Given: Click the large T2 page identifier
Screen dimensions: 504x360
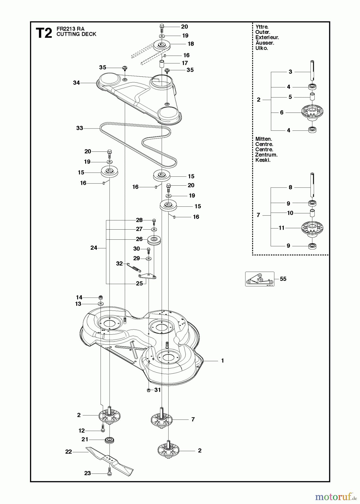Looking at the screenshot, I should coord(44,33).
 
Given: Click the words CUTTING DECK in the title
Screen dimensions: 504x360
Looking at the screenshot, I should coord(76,34).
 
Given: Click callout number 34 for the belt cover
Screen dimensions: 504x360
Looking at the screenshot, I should coord(76,83).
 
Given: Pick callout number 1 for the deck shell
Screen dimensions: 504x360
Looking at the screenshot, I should coord(222,361).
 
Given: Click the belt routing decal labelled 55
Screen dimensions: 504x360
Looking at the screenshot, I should coord(259,279).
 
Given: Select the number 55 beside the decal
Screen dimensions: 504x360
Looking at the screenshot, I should coord(283,279).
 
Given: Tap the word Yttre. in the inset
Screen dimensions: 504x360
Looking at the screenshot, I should coord(262,27).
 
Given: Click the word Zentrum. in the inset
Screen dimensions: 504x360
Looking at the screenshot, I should coord(266,155).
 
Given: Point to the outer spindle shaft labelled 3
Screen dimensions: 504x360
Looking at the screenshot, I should coord(313,71).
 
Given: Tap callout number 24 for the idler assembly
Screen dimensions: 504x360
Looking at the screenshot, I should coord(94,248).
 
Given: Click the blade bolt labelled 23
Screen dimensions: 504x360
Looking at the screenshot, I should coord(109,473).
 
